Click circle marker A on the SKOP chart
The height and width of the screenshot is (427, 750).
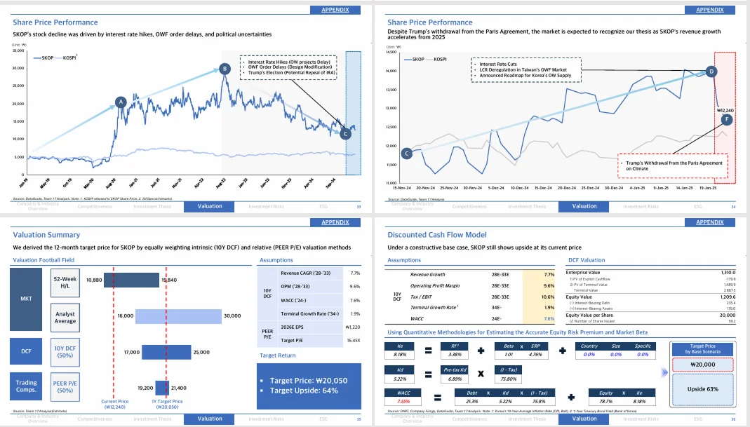pyautogui.click(x=120, y=102)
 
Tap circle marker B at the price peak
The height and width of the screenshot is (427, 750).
pyautogui.click(x=224, y=69)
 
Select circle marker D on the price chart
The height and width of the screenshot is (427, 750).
pyautogui.click(x=711, y=72)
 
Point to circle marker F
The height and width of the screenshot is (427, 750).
pyautogui.click(x=726, y=120)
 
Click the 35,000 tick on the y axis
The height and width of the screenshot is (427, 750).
pyautogui.click(x=18, y=51)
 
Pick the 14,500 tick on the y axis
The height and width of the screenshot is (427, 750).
pyautogui.click(x=391, y=53)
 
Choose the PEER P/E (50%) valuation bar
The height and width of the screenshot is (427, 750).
pyautogui.click(x=163, y=386)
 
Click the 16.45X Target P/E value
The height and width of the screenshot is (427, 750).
pyautogui.click(x=352, y=339)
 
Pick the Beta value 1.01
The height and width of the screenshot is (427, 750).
pyautogui.click(x=509, y=355)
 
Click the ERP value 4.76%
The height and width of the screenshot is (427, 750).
pyautogui.click(x=536, y=355)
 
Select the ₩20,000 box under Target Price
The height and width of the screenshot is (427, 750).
pyautogui.click(x=703, y=365)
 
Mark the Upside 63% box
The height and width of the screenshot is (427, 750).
pyautogui.click(x=703, y=388)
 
